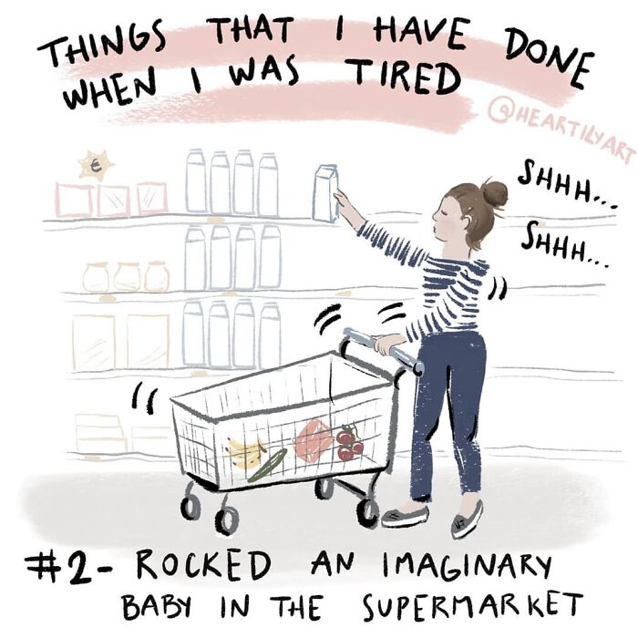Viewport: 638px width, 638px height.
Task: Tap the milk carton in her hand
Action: point(325,193)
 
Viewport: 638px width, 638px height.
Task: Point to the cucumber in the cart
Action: point(268,465)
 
